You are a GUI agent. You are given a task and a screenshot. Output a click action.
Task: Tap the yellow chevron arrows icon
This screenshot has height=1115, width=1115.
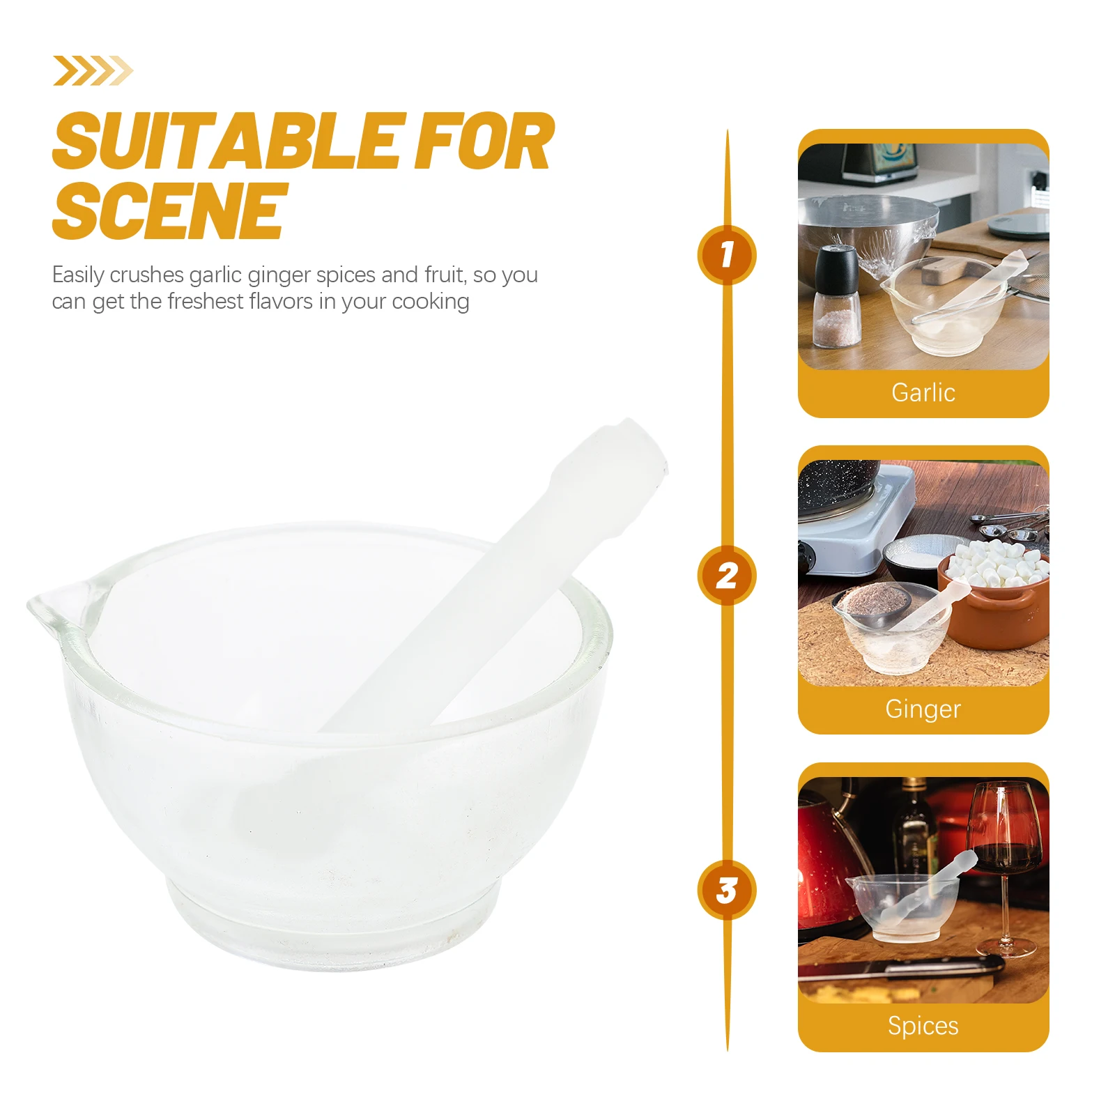coord(93,70)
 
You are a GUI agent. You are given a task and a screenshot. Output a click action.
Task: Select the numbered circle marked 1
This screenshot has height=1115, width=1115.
coord(727,255)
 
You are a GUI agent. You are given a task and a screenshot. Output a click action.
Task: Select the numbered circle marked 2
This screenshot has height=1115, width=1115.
coord(727,576)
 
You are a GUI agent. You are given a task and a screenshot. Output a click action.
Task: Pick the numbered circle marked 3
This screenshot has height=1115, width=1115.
coord(727,890)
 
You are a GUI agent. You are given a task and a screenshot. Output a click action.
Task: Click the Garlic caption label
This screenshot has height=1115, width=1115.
coord(923,393)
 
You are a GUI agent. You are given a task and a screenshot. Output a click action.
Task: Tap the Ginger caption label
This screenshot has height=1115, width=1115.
coord(923,709)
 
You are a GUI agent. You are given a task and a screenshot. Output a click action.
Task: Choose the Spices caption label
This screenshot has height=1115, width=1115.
coord(923,1026)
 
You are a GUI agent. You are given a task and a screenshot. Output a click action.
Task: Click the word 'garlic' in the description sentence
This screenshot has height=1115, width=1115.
coord(215,275)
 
